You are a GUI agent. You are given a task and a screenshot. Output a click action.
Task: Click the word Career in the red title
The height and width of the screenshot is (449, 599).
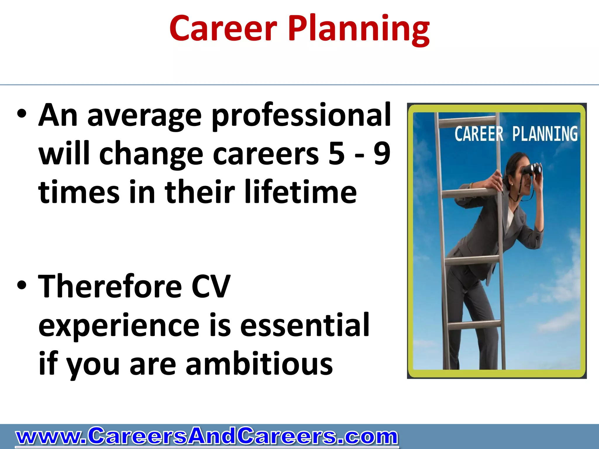223,28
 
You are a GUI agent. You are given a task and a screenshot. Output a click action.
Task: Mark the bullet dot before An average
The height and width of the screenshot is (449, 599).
22,115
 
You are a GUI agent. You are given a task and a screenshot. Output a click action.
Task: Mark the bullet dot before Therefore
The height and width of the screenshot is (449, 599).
22,286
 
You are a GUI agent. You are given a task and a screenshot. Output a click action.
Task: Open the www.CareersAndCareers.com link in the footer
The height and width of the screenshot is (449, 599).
206,436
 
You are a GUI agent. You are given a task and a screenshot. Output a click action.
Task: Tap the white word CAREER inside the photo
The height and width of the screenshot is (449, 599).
479,134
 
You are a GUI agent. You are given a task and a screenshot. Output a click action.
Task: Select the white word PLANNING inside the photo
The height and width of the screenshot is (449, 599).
545,134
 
